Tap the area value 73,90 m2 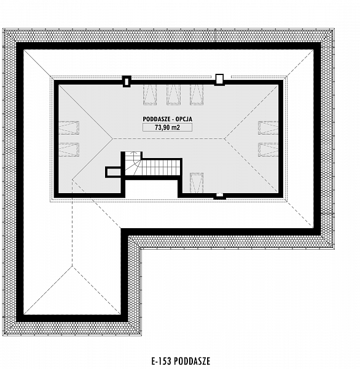pos(167,127)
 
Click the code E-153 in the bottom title pos(162,361)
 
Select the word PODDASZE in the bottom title pos(192,361)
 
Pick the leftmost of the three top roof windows pos(150,94)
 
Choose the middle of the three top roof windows pos(173,94)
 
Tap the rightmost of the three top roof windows pos(197,94)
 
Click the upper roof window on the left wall pos(69,128)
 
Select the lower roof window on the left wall pos(69,149)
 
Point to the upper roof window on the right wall pos(268,128)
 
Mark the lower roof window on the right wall pos(268,149)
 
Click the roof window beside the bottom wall pos(197,183)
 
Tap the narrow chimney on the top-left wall pos(127,81)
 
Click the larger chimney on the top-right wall pos(219,79)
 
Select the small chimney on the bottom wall pos(219,196)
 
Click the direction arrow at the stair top pos(134,156)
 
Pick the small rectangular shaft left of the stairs pos(113,172)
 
